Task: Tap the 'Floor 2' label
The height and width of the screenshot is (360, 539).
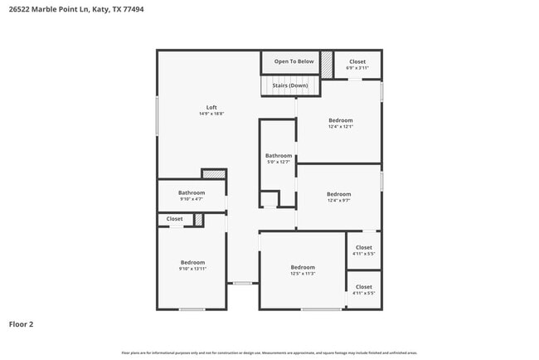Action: [22, 324]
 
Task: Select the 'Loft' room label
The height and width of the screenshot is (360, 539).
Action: [211, 108]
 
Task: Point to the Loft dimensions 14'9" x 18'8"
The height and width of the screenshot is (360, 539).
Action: [211, 114]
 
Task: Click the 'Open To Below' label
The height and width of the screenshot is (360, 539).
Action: [294, 61]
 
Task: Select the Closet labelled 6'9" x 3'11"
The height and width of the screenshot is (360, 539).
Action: [357, 64]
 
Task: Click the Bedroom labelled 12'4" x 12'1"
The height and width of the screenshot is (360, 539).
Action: [340, 123]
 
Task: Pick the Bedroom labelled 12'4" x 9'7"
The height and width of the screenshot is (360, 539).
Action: [339, 197]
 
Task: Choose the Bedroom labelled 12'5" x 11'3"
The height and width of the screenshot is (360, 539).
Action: [303, 270]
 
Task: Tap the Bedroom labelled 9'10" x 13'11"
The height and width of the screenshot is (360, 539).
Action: [192, 265]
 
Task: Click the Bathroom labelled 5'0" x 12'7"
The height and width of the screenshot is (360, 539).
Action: [279, 158]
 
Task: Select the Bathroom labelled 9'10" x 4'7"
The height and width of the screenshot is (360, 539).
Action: [192, 196]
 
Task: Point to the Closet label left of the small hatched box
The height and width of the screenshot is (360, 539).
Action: [174, 219]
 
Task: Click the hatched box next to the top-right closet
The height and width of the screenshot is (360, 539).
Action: [327, 63]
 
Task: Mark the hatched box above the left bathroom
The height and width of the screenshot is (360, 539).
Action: [214, 174]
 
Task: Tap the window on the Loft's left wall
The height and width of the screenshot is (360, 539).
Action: [158, 116]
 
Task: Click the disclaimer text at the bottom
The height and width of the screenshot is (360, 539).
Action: [269, 353]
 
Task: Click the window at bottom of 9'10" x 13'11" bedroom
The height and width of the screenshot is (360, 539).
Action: [192, 309]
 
